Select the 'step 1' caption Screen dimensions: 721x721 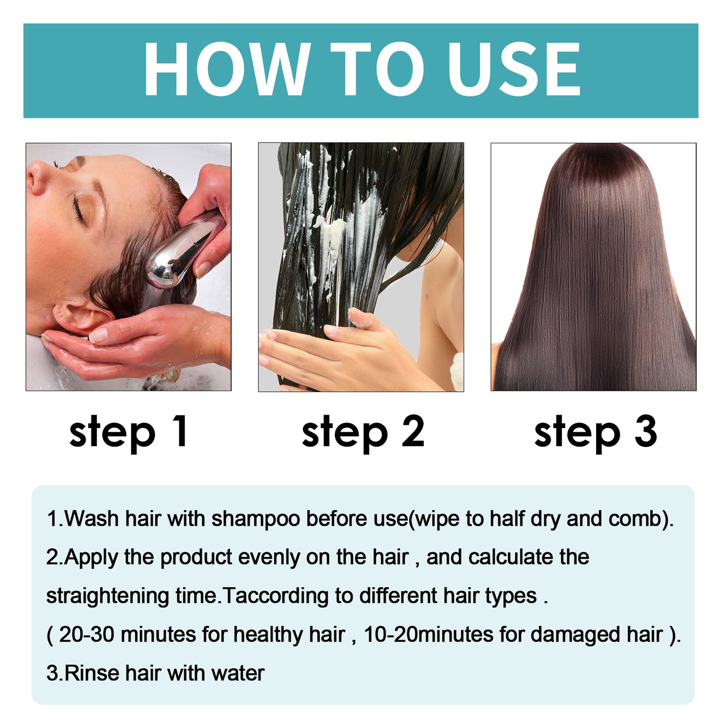click(128, 432)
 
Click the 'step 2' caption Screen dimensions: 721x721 click(363, 432)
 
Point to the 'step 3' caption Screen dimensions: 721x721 click(595, 432)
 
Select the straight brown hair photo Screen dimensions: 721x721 click(593, 267)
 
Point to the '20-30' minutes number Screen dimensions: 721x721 click(87, 635)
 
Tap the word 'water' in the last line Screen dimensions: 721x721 click(238, 674)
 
